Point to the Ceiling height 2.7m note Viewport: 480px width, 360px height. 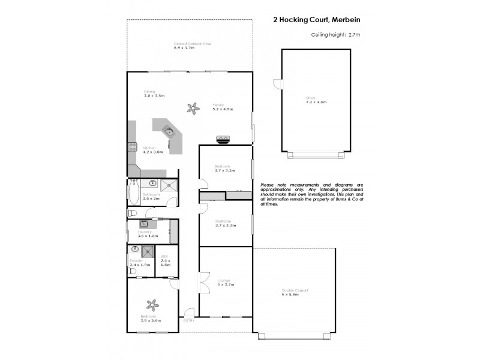[x=335, y=35]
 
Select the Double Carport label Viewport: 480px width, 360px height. [x=295, y=292]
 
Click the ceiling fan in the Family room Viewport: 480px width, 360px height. [x=193, y=109]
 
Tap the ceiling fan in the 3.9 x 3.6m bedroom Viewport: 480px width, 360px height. [x=152, y=305]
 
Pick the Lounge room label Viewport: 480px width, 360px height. [x=225, y=282]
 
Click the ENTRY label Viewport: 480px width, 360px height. [x=189, y=320]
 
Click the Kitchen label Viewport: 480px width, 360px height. [x=149, y=149]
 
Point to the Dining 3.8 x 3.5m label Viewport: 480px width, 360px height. [x=154, y=94]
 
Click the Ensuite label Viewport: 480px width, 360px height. [x=136, y=262]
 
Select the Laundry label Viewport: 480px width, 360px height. [x=145, y=233]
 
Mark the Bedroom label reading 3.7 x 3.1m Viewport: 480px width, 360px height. [x=225, y=168]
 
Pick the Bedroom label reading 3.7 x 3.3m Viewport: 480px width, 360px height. [x=225, y=223]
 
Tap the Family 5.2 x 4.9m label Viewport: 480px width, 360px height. [x=222, y=107]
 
